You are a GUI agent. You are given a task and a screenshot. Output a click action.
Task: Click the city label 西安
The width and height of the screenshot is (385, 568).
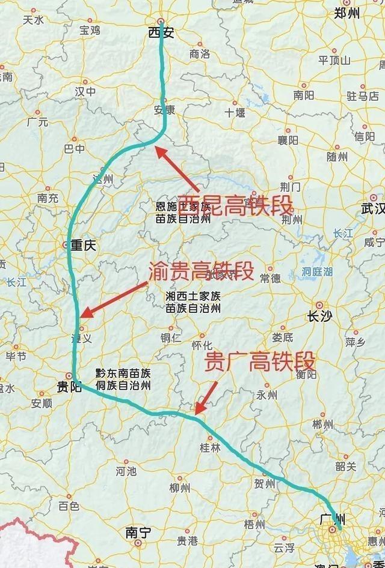click(x=161, y=34)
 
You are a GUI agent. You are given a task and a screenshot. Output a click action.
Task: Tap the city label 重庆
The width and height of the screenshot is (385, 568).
click(x=83, y=245)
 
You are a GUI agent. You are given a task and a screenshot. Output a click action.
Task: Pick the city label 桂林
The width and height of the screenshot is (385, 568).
click(x=211, y=447)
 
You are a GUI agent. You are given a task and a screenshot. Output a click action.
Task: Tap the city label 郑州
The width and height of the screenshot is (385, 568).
click(x=347, y=13)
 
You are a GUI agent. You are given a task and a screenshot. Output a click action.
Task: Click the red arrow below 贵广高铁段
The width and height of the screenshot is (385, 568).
click(x=206, y=397)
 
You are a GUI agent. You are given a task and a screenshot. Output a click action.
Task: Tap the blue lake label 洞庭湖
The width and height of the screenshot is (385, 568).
click(x=317, y=271)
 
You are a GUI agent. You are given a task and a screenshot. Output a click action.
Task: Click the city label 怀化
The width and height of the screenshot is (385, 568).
click(x=202, y=345)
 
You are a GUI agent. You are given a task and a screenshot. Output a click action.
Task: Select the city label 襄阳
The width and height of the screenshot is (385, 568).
click(x=288, y=140)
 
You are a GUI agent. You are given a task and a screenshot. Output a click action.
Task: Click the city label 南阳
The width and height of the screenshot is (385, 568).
click(x=304, y=95)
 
